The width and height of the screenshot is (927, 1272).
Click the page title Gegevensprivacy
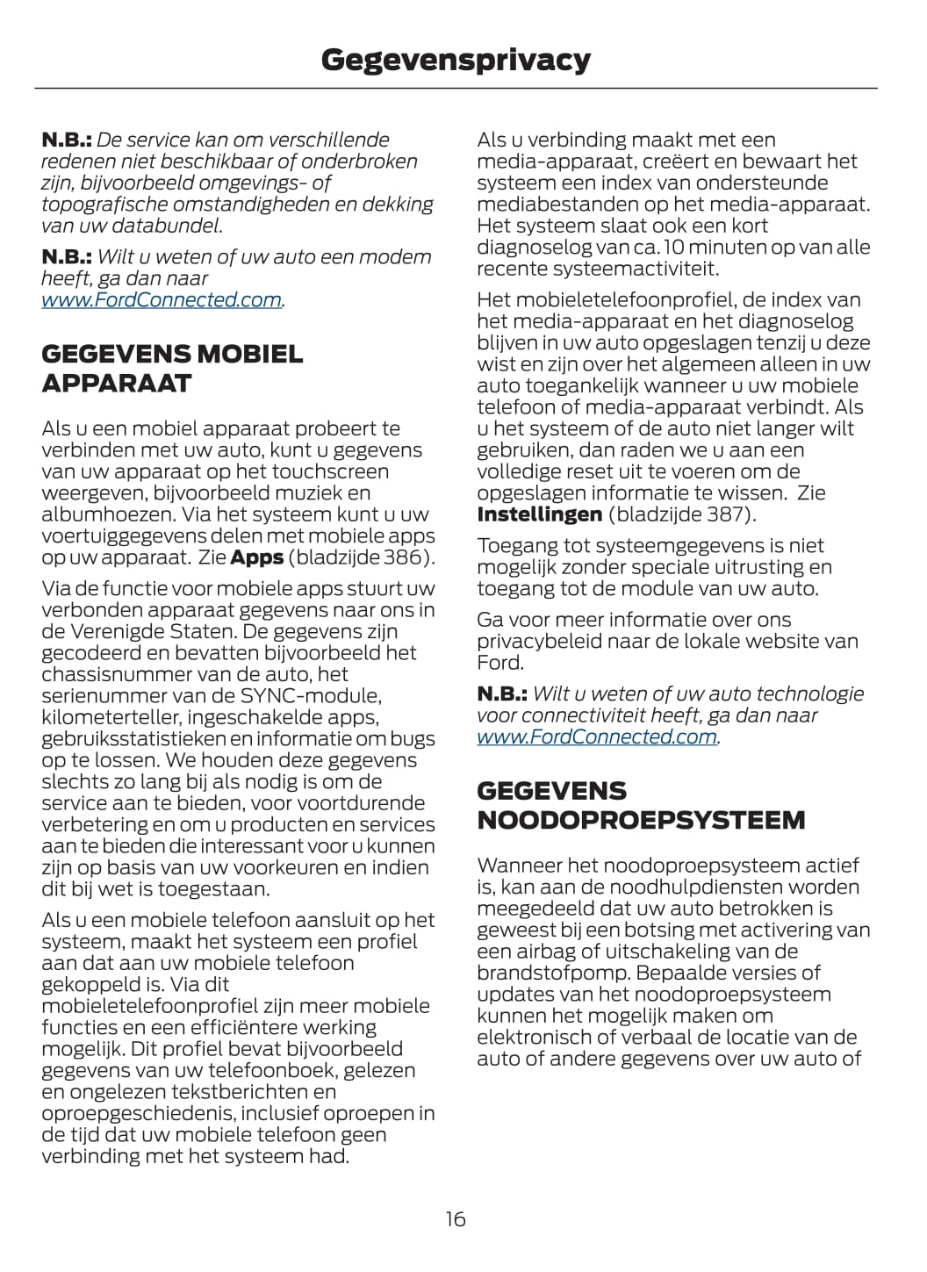pos(456,60)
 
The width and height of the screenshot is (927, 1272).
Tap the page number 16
pos(456,1218)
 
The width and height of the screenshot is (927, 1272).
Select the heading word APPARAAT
pos(116,384)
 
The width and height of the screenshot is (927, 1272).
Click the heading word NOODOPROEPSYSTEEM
pos(641,820)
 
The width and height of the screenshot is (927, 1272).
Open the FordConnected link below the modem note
pos(162,300)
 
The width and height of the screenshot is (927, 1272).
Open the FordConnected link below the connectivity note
pos(597,737)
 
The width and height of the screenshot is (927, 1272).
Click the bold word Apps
pos(256,557)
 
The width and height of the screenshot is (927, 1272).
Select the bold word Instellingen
pos(539,514)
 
